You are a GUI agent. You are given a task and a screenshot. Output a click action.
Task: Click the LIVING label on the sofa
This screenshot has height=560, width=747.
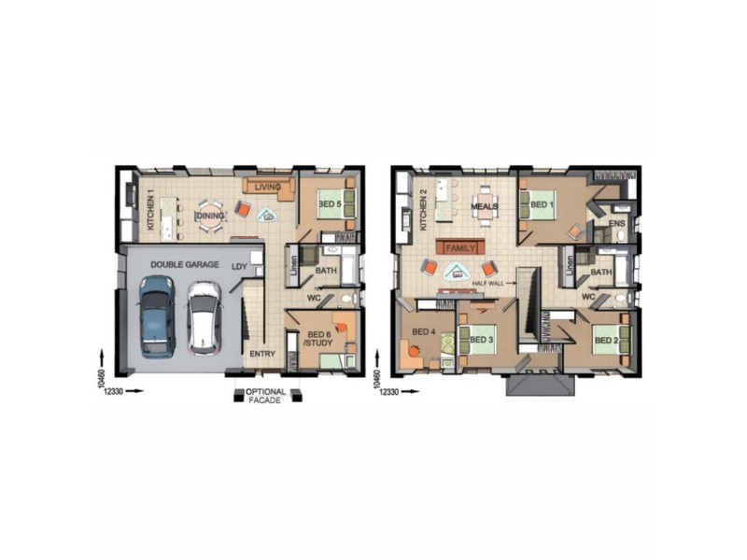(268, 187)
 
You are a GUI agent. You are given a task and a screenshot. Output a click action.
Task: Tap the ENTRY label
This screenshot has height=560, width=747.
(261, 355)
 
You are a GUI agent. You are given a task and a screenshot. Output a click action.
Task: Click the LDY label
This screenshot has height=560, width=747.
(239, 266)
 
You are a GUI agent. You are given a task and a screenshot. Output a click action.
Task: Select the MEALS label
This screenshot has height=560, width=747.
(484, 204)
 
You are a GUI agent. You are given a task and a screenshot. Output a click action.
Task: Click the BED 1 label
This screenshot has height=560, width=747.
(542, 203)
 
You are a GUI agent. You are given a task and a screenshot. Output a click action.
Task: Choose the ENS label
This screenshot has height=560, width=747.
(616, 224)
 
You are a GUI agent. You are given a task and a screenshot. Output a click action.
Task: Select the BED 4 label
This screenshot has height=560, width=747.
(422, 332)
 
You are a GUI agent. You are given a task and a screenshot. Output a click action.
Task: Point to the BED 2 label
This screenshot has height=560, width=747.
(606, 340)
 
